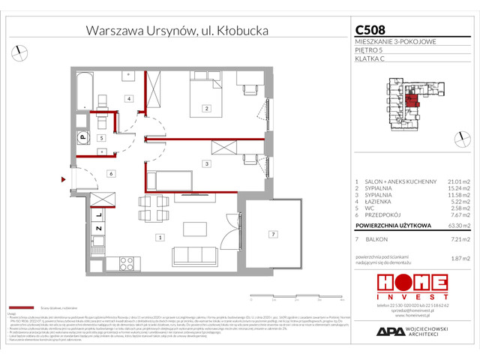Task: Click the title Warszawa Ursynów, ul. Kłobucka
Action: point(176,31)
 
